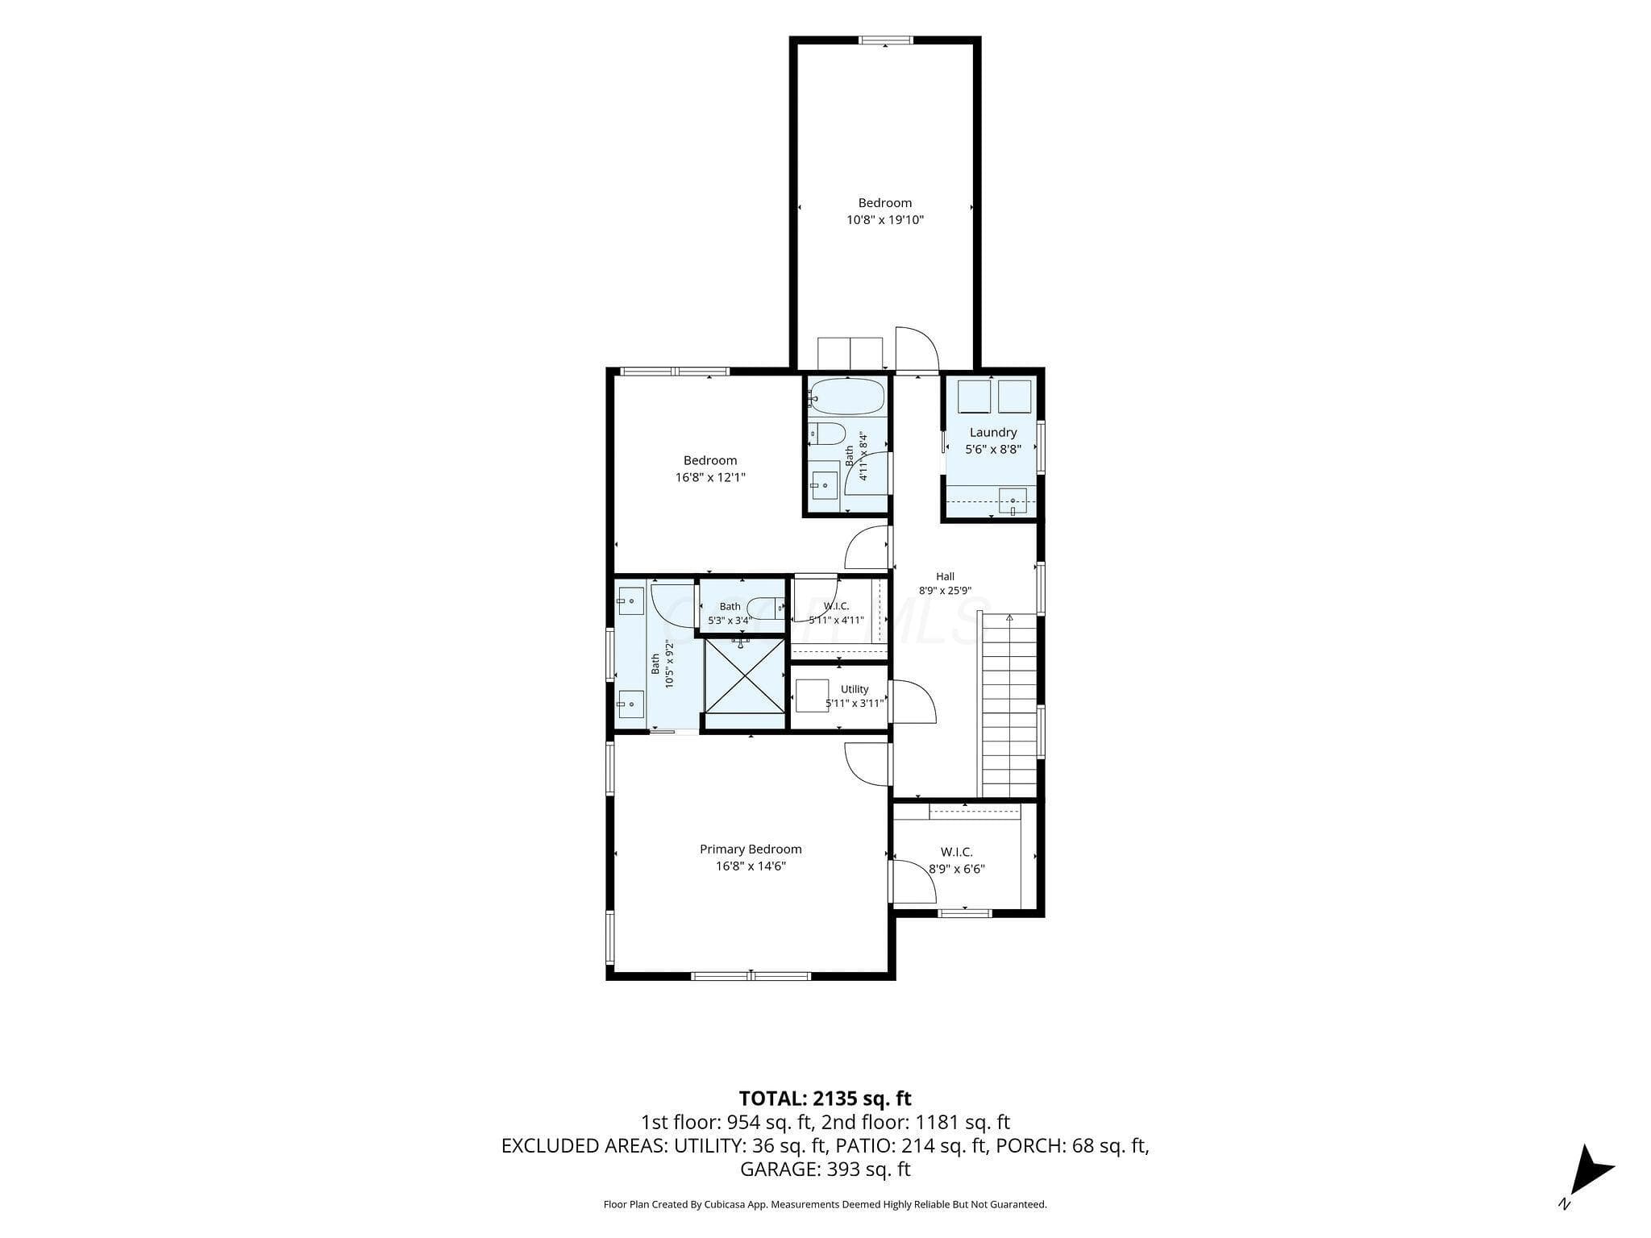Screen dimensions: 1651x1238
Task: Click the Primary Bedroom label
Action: (x=751, y=849)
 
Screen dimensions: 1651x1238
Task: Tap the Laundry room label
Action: (x=993, y=432)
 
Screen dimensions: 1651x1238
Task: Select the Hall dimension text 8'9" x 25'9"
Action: (x=946, y=590)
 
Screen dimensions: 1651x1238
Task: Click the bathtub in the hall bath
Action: (x=847, y=397)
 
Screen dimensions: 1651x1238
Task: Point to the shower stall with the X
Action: (x=744, y=675)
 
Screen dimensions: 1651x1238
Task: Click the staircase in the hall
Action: (x=1008, y=704)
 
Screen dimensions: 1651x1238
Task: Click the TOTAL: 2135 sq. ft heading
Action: (x=825, y=1098)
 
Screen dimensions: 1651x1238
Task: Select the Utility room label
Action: (x=855, y=689)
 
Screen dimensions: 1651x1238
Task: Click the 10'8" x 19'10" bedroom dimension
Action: (x=885, y=219)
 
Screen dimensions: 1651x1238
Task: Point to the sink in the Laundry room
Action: (x=1013, y=501)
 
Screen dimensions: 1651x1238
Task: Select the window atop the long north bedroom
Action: (x=885, y=39)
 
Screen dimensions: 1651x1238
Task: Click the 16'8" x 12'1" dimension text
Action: (x=710, y=477)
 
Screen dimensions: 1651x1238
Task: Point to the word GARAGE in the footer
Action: (x=780, y=1169)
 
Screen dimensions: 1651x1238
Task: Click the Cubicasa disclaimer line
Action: (x=825, y=1204)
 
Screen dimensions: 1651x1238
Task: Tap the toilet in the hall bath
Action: (x=826, y=434)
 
